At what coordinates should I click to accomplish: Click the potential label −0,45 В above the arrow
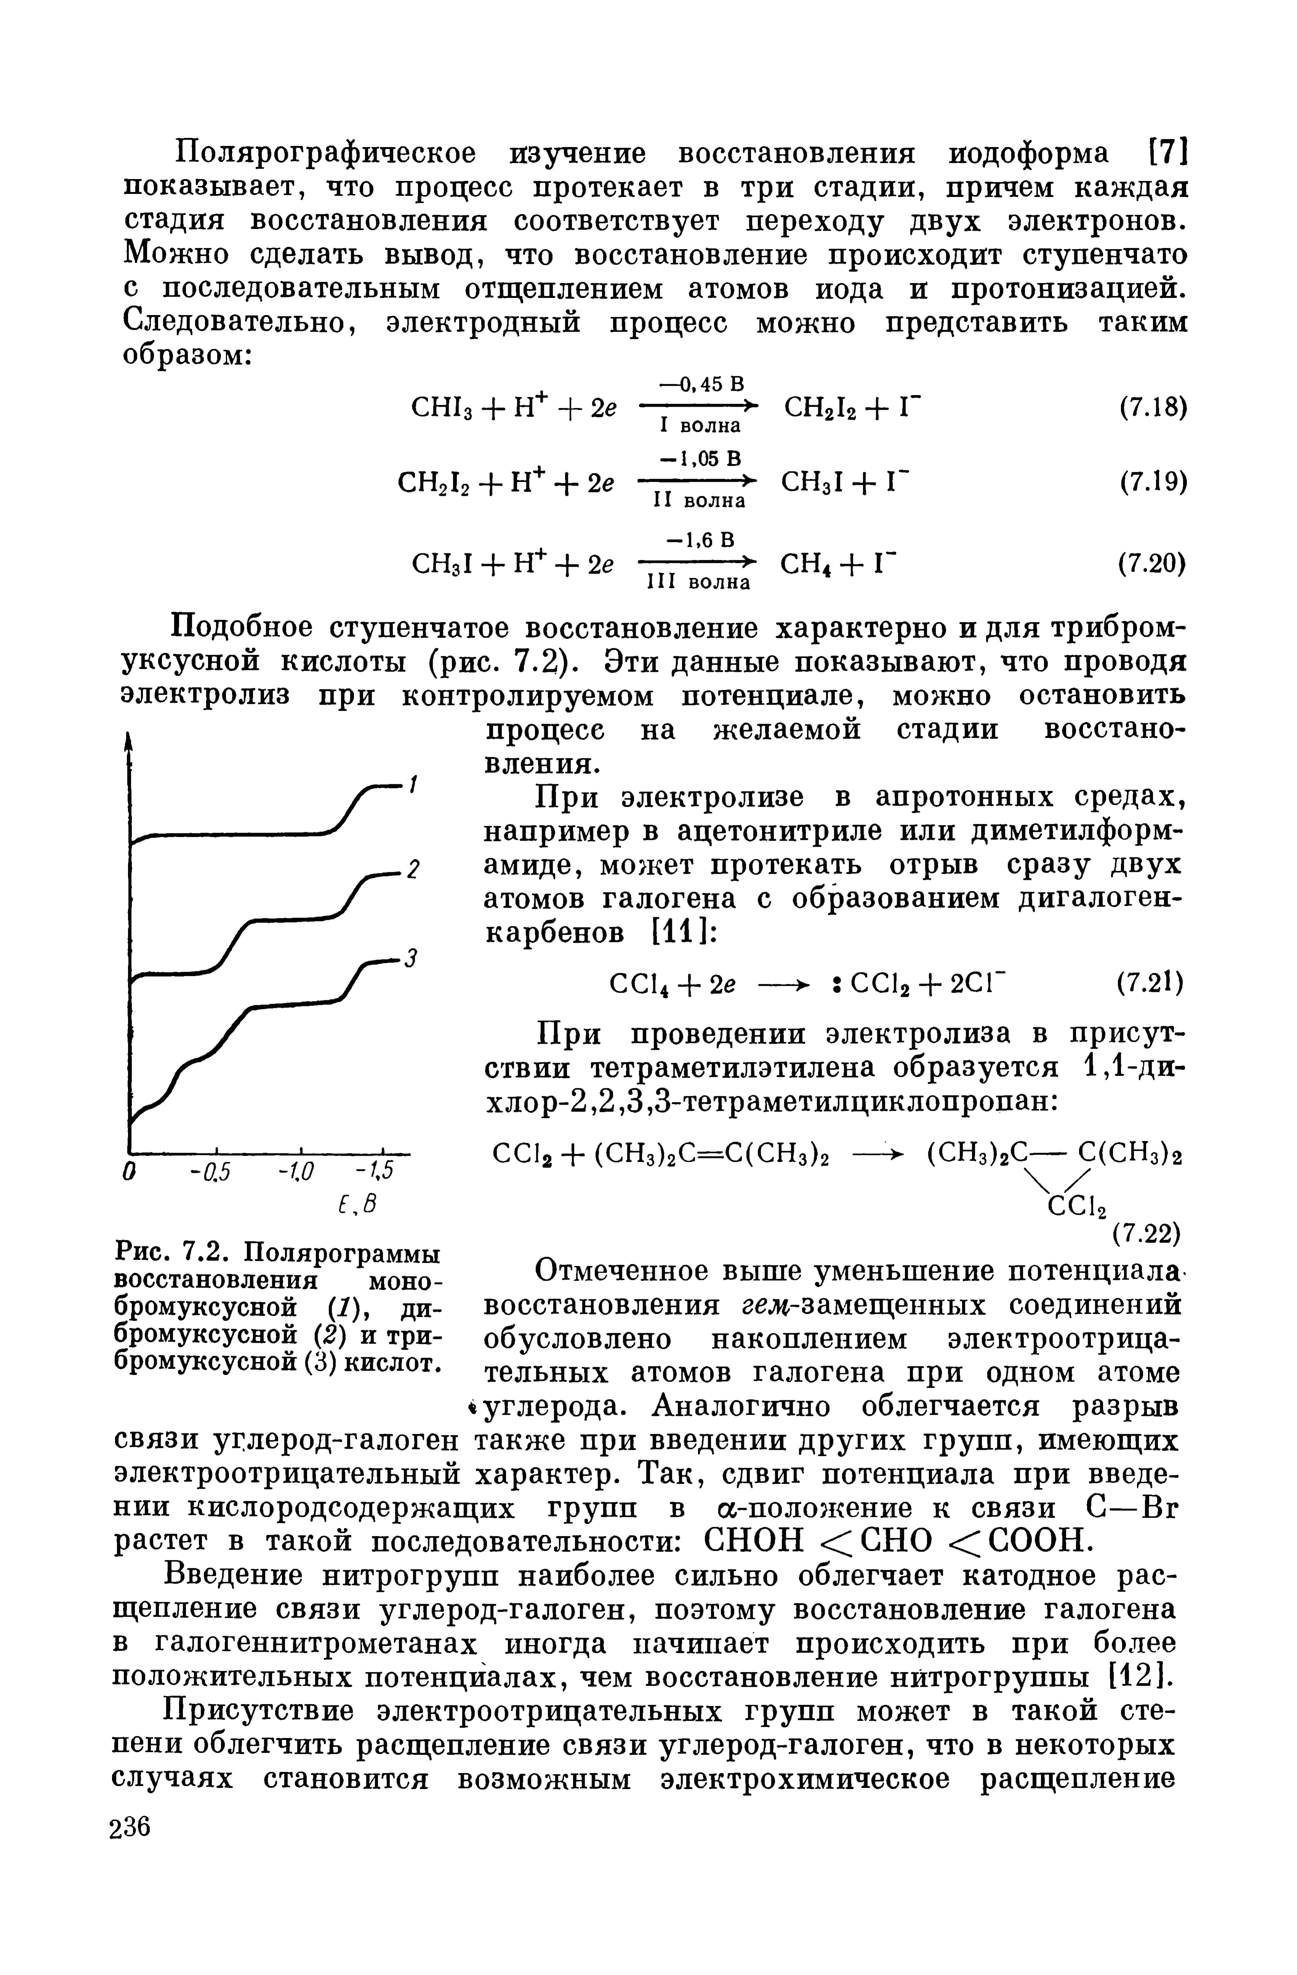701,384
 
